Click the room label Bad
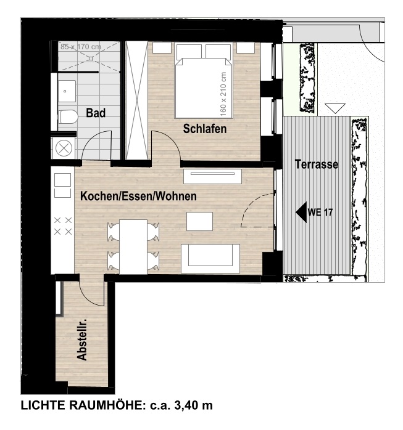[x=95, y=113]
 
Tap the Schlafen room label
[x=204, y=129]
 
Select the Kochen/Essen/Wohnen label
[x=138, y=197]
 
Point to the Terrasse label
[x=316, y=165]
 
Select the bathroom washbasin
[x=66, y=91]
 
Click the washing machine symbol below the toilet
[x=64, y=148]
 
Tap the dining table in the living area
[x=133, y=246]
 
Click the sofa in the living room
[x=209, y=258]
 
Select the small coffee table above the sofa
[x=199, y=221]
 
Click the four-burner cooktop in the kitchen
[x=63, y=225]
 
